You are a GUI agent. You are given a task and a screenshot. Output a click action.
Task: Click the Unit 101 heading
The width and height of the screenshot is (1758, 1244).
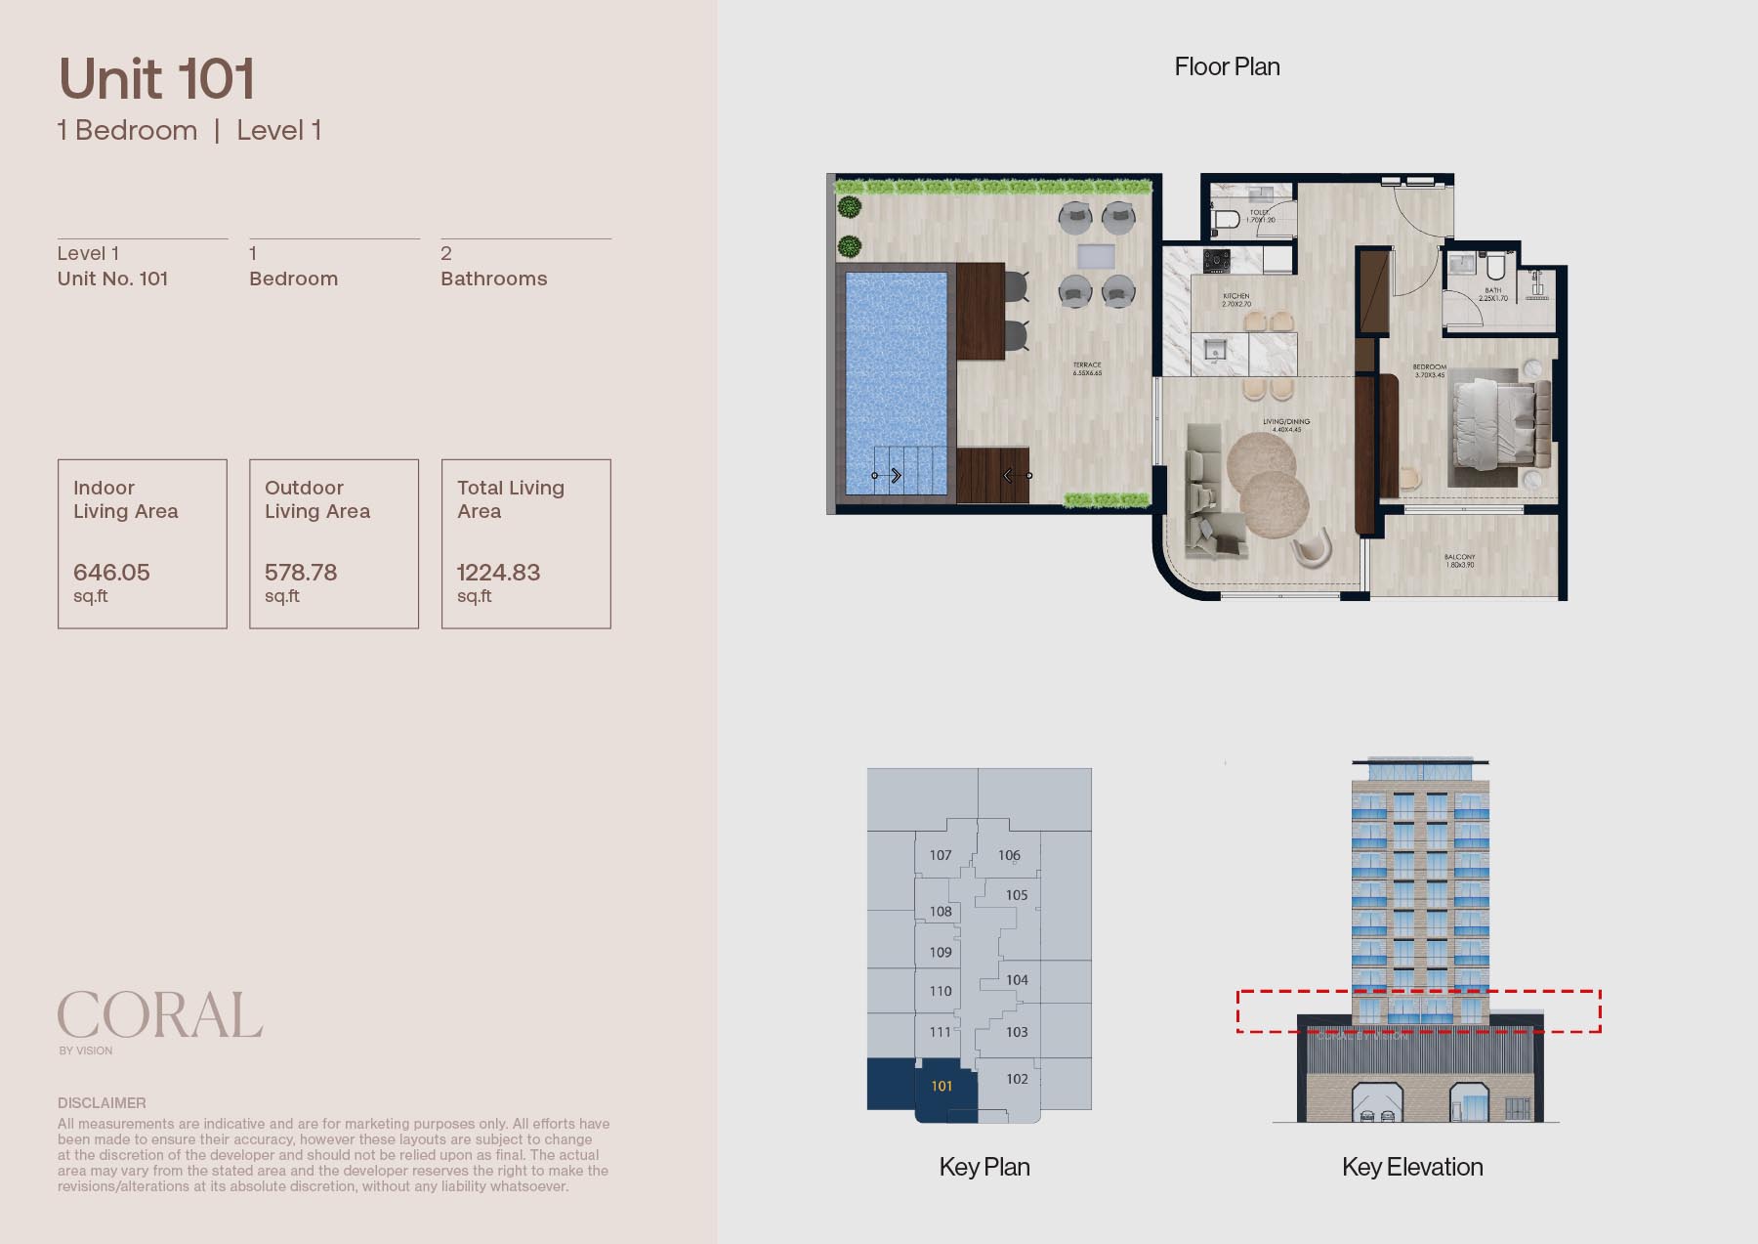(x=157, y=79)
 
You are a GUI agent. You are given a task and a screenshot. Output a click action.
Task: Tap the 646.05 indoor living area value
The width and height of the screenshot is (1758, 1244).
(x=111, y=573)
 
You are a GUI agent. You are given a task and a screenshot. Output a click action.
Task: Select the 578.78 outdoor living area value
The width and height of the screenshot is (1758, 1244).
(x=301, y=573)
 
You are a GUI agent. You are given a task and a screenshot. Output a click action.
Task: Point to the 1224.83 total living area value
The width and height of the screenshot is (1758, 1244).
(x=498, y=573)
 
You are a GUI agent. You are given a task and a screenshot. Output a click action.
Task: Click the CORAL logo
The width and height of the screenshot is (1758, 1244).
(x=160, y=1015)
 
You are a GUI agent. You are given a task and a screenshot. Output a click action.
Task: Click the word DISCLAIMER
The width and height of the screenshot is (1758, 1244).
(x=102, y=1102)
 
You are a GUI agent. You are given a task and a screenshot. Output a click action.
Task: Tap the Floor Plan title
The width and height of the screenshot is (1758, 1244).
(x=1227, y=66)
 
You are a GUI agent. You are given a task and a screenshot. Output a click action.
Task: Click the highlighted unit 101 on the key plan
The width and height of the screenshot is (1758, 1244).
(x=941, y=1086)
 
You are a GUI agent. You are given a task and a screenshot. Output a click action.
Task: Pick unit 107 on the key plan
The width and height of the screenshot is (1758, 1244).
(x=940, y=855)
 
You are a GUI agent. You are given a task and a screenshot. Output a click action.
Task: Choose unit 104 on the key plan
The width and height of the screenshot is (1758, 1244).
(x=1017, y=980)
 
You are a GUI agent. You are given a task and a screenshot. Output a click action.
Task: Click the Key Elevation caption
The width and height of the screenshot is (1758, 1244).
(x=1412, y=1167)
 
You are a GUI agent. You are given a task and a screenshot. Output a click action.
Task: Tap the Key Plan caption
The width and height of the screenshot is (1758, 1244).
(x=984, y=1167)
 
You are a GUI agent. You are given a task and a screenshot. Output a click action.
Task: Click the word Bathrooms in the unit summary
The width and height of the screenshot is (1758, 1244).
(x=493, y=279)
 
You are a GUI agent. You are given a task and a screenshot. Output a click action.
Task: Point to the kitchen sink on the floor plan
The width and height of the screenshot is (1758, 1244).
(x=1215, y=351)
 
